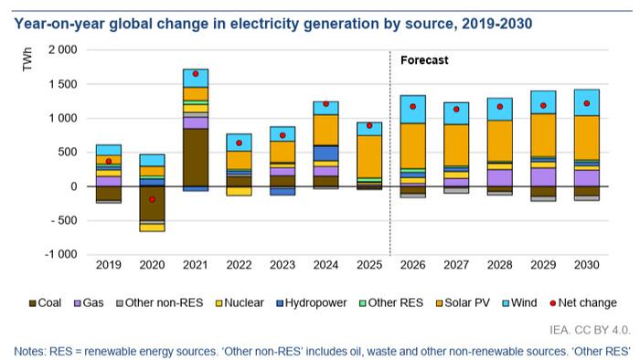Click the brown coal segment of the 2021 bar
tap(195, 156)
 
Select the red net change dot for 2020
tap(152, 199)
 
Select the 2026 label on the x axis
tap(412, 265)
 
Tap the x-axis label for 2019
tap(109, 265)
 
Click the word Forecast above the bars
tap(425, 60)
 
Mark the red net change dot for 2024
tap(325, 104)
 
